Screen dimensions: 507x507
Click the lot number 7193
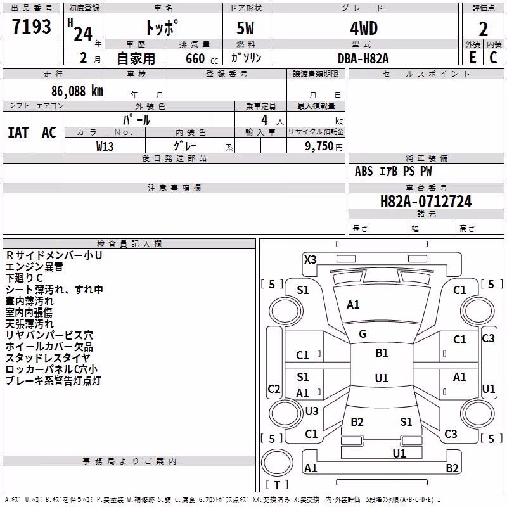(32, 26)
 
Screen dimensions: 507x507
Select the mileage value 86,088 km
(77, 91)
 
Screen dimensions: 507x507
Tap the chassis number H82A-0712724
(426, 202)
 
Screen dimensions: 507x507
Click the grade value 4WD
(364, 28)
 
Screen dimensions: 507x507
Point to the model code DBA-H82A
(363, 58)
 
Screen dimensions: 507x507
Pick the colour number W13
(105, 146)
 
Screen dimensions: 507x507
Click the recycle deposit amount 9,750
(319, 146)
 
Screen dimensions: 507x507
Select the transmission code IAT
(18, 132)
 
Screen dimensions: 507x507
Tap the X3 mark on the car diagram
(311, 260)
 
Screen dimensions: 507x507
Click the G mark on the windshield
(363, 334)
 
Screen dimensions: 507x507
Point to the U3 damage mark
(312, 411)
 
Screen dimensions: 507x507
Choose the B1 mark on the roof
(382, 353)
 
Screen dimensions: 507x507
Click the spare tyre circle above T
(277, 463)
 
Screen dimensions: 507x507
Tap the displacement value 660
(195, 58)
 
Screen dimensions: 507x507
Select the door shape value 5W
(245, 28)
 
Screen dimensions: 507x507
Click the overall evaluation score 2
(483, 29)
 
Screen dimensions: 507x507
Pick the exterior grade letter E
(473, 58)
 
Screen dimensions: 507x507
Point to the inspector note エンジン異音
(34, 267)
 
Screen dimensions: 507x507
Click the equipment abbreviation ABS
(364, 171)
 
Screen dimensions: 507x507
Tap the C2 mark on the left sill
(274, 388)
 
